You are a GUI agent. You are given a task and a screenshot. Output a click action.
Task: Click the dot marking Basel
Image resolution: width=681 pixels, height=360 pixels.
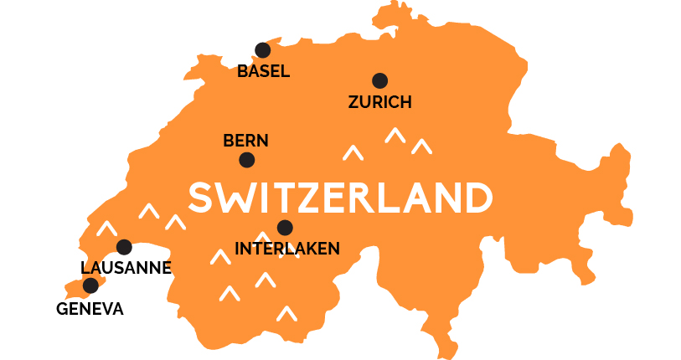click(262, 50)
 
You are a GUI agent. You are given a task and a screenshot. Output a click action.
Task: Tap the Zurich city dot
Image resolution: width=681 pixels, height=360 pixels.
click(379, 80)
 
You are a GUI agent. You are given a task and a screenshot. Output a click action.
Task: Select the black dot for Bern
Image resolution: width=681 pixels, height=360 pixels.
click(246, 159)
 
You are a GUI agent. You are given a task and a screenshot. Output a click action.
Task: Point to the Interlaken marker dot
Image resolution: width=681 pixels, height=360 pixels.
click(285, 227)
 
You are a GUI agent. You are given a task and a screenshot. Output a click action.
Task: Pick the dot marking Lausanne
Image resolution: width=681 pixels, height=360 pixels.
click(124, 247)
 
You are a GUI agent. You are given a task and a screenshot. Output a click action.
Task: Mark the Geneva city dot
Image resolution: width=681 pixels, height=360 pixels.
click(90, 285)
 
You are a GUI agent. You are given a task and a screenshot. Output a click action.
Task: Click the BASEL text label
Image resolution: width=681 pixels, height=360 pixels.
click(263, 71)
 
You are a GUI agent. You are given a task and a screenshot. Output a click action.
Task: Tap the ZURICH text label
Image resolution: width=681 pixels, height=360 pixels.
click(379, 102)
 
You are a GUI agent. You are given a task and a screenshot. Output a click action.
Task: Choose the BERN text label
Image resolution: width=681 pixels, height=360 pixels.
click(245, 141)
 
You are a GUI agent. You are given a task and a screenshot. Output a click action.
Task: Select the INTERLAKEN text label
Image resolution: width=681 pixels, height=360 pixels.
click(287, 248)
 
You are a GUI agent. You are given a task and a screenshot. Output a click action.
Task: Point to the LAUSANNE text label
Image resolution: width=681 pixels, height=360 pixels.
click(126, 268)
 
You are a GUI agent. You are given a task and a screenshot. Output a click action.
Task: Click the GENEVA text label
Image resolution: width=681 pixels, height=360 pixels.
click(90, 309)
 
